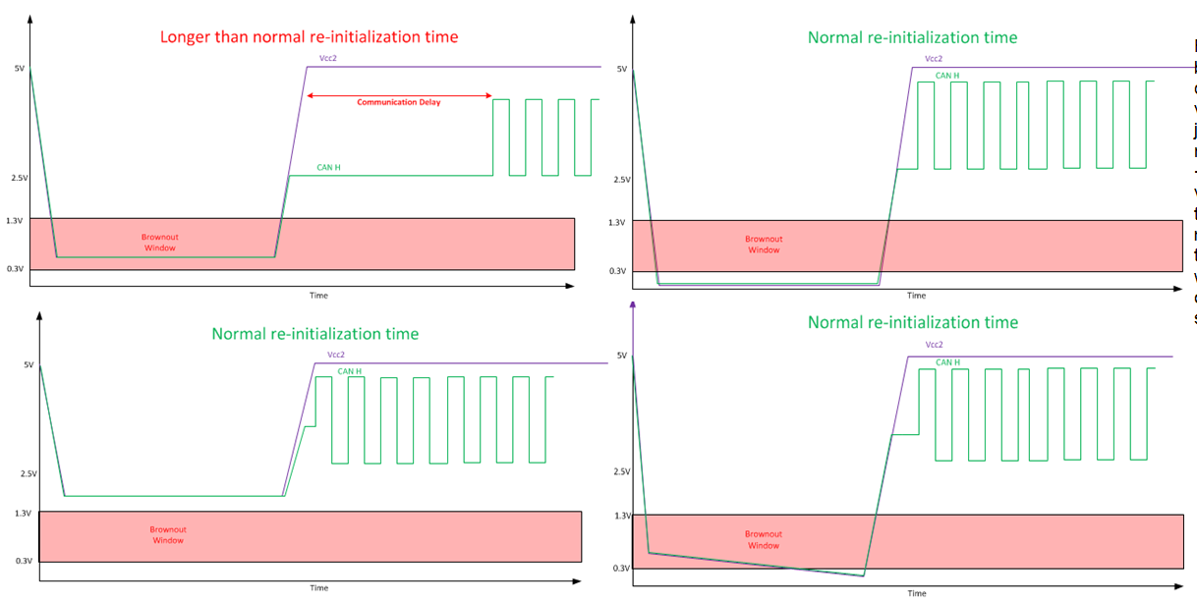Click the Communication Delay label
click(x=398, y=102)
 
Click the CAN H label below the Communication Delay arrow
click(x=328, y=167)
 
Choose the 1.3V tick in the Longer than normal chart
click(x=14, y=220)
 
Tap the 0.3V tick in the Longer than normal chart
click(x=14, y=268)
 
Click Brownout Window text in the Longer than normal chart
click(x=159, y=243)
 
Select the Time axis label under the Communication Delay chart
click(x=318, y=295)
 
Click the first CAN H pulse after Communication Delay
click(x=500, y=137)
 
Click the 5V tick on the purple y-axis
click(x=621, y=356)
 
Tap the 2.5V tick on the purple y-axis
click(x=621, y=471)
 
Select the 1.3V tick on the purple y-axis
click(x=621, y=516)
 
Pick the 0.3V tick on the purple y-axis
click(x=621, y=568)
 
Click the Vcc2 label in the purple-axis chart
click(x=934, y=345)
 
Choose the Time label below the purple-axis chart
click(x=916, y=593)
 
